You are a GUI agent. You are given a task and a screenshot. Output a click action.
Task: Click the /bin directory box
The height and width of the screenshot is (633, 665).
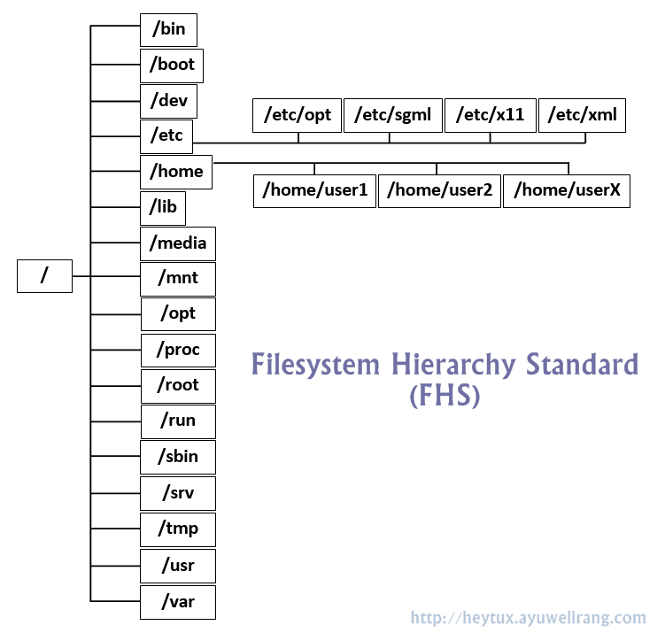[x=168, y=29]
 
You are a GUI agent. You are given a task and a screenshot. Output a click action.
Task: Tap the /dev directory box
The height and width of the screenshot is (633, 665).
[x=168, y=100]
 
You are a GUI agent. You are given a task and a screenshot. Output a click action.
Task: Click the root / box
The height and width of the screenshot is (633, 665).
[x=44, y=276]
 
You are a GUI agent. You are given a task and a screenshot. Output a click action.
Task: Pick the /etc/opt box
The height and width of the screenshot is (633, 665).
[x=298, y=115]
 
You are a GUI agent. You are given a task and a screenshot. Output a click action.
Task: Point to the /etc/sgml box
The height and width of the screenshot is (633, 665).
[x=392, y=115]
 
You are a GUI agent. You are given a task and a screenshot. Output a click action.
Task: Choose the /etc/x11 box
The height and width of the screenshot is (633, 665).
[x=490, y=115]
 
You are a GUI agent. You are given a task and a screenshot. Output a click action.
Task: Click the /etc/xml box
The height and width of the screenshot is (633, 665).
[x=583, y=115]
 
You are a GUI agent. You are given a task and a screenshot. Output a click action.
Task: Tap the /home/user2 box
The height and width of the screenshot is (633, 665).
[x=439, y=190]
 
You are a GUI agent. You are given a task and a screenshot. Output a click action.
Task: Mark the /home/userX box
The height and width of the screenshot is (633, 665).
[x=566, y=190]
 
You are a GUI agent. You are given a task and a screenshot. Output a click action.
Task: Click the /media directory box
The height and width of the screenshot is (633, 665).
[x=177, y=243]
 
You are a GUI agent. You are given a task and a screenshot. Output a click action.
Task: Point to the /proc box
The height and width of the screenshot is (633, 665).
[x=178, y=350]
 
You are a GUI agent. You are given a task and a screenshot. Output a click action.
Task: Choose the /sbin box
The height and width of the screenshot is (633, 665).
[x=178, y=457]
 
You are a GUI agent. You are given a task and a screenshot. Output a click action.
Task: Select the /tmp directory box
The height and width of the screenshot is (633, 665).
[x=178, y=529]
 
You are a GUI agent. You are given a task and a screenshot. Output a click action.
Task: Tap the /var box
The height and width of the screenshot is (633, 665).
[x=178, y=602]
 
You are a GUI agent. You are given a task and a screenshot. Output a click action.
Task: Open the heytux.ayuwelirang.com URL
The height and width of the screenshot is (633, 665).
[x=529, y=617]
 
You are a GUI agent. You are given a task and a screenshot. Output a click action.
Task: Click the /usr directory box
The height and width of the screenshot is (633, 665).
[x=178, y=565]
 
